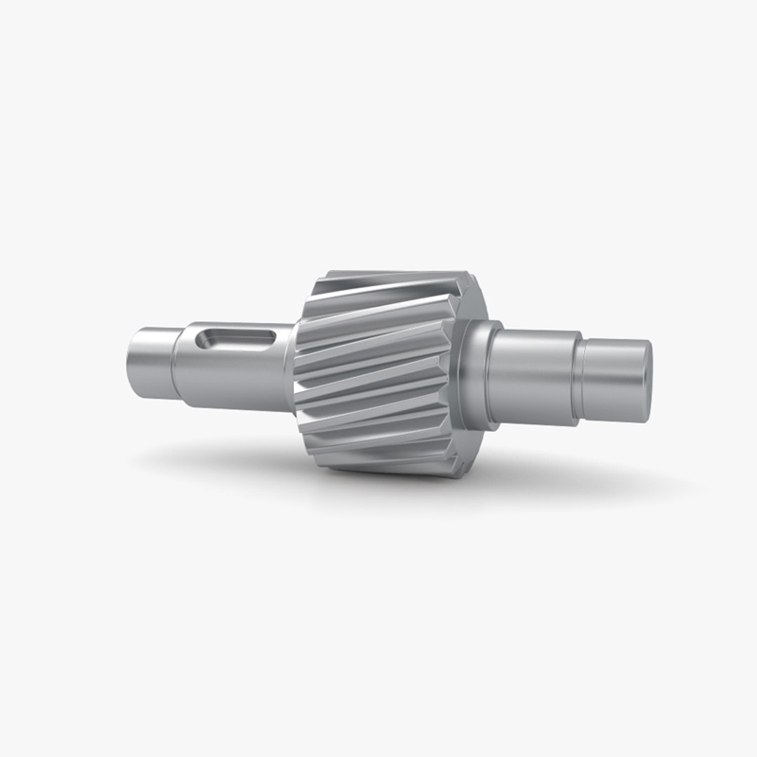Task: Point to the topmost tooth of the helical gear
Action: coord(393,280)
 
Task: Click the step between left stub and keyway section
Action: coord(175,364)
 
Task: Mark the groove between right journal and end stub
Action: coord(579,378)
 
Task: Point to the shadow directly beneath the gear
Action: coord(393,484)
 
